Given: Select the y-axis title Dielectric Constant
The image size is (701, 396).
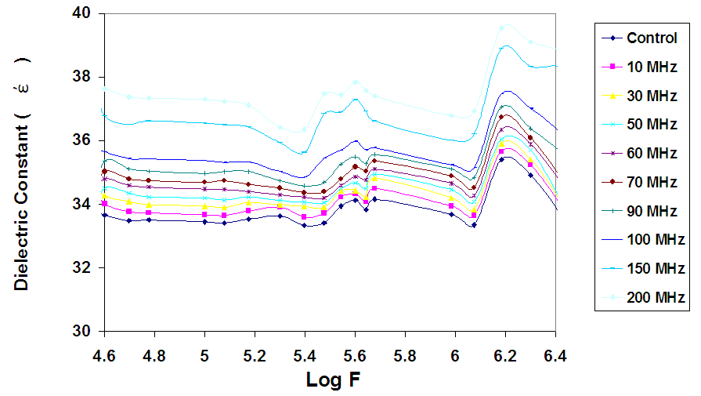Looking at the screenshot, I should pos(22,173).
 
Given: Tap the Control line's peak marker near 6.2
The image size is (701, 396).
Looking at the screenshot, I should pos(502,159).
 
